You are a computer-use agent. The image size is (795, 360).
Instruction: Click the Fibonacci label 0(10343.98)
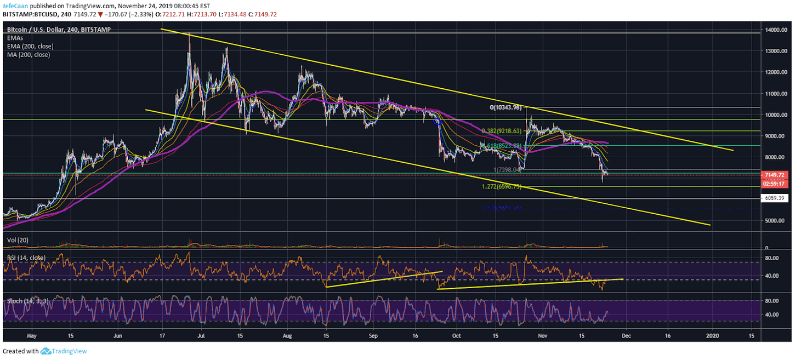[508, 107]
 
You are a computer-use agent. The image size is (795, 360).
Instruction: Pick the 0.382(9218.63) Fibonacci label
[502, 131]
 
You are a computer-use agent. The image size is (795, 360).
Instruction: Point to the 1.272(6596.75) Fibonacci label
[501, 187]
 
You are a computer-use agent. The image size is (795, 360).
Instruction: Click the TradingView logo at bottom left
[64, 351]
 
